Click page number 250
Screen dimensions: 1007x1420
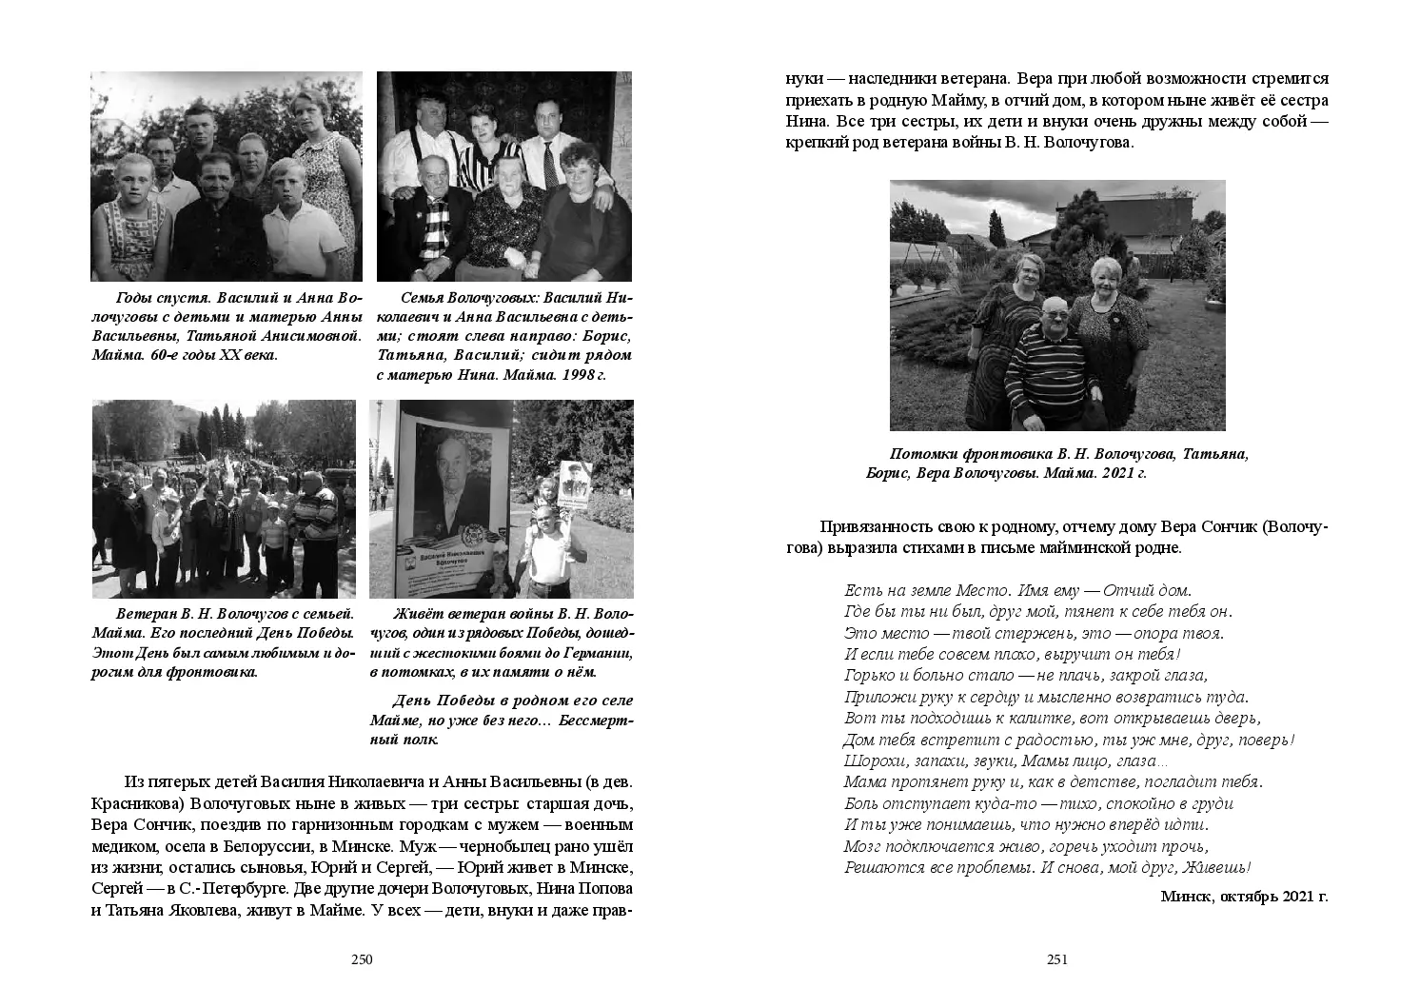[362, 959]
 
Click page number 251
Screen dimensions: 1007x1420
[1057, 959]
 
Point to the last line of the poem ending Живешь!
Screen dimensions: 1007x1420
[1047, 867]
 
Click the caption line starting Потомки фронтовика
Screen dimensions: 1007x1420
[1068, 455]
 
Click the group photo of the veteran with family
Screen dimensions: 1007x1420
[224, 498]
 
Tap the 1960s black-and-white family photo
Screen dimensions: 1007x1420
[227, 176]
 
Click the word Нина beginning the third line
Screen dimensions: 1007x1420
[805, 122]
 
